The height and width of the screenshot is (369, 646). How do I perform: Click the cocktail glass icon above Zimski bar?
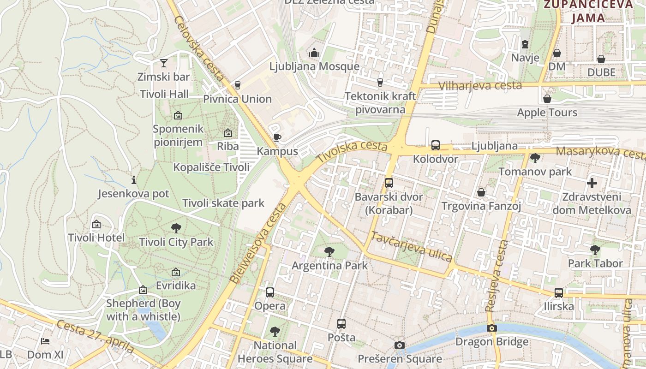point(164,63)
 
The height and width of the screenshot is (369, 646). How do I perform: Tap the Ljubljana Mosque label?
point(314,66)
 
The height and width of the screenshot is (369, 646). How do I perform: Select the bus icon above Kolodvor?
point(435,146)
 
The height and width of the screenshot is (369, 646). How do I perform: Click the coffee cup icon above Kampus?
point(277,137)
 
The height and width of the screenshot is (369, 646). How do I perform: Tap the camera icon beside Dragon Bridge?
point(492,328)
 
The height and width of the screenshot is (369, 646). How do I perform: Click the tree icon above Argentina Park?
point(329,252)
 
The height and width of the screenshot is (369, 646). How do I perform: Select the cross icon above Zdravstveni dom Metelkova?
point(592,183)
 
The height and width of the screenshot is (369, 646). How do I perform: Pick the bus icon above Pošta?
point(341,324)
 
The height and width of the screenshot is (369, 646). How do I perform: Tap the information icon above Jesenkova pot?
point(134,180)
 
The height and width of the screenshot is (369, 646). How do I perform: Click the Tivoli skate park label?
point(223,203)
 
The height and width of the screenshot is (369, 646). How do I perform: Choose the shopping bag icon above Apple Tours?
point(547,99)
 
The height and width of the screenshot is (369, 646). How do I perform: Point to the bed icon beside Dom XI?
point(45,341)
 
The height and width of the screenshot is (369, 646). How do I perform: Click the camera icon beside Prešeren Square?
point(400,345)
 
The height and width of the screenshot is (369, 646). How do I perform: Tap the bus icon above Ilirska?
point(558,292)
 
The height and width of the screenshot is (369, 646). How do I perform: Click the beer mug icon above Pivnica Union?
point(238,85)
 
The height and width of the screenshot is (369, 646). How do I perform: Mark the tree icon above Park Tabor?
point(595,250)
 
